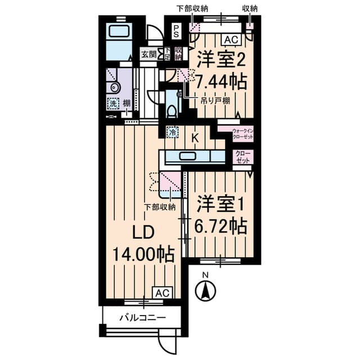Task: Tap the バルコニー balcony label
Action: click(142, 318)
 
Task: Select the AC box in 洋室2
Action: click(230, 40)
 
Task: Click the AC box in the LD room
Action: click(161, 293)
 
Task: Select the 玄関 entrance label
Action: click(148, 55)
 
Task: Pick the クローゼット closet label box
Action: click(243, 156)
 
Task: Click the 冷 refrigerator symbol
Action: click(174, 133)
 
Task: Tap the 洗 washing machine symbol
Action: click(113, 103)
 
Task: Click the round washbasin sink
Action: click(115, 87)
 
